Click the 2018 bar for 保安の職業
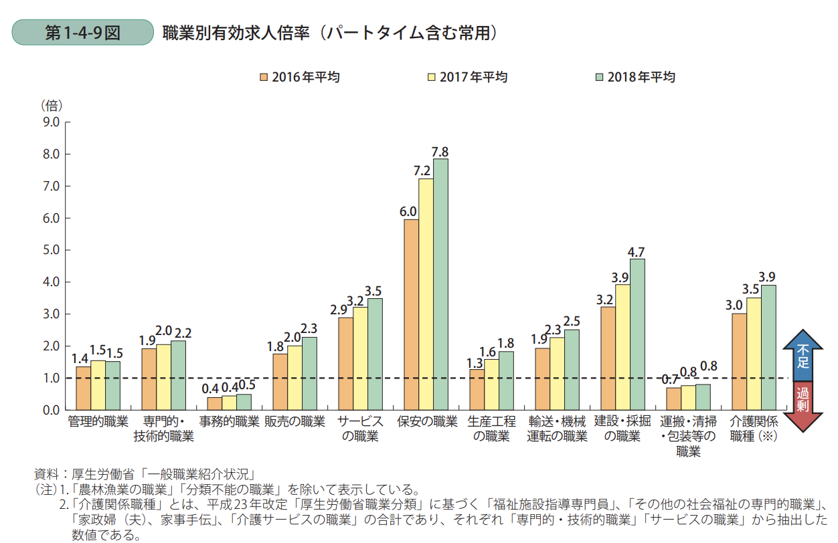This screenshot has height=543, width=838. [x=440, y=284]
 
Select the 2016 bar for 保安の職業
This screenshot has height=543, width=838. [x=411, y=314]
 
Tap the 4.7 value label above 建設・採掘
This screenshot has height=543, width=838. [x=637, y=252]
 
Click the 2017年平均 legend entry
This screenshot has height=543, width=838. [x=467, y=77]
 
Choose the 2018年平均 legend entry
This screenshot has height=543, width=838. [x=635, y=77]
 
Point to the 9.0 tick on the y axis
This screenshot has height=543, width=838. [x=51, y=122]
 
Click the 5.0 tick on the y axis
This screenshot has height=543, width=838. [x=51, y=250]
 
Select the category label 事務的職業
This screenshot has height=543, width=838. [x=229, y=422]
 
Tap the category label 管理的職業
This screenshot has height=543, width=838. [x=98, y=422]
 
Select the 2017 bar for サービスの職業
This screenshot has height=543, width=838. [x=360, y=358]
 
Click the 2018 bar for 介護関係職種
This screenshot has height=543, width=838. [x=768, y=347]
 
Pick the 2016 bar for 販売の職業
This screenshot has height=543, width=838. [x=280, y=381]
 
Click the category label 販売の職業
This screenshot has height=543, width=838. [x=295, y=422]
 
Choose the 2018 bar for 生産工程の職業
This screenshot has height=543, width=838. [x=506, y=381]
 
